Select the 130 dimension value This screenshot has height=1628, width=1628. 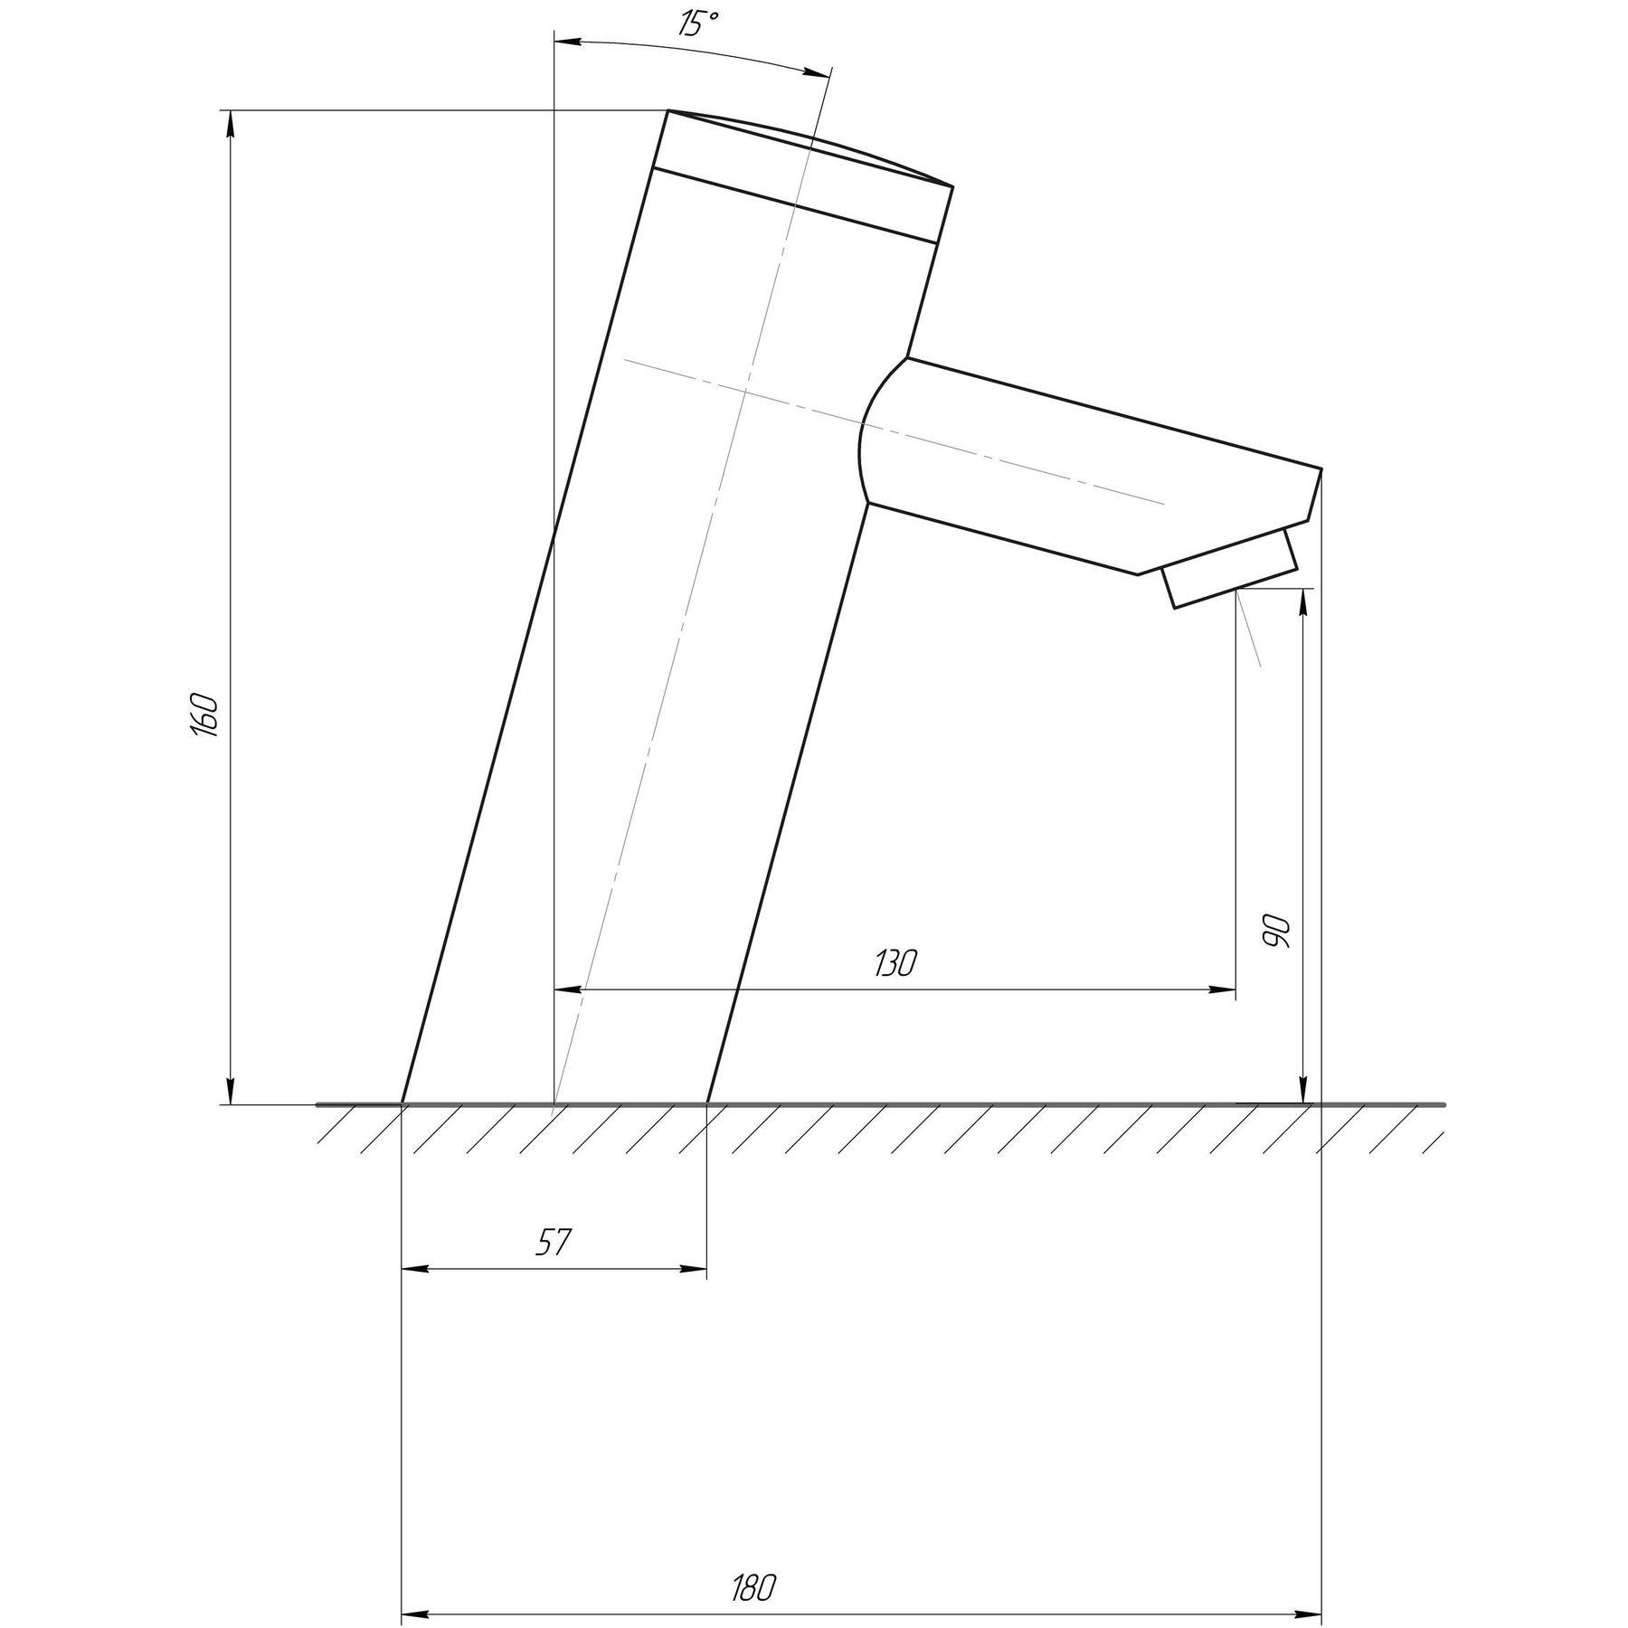tap(895, 964)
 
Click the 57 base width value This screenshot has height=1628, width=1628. tap(553, 1242)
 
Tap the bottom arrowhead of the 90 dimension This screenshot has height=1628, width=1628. tap(1303, 1092)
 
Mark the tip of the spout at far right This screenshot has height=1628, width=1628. tap(1320, 470)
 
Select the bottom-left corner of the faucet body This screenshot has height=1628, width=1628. tap(402, 1103)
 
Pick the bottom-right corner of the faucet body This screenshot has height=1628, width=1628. tap(706, 1103)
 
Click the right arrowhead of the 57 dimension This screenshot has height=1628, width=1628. tap(695, 1269)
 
